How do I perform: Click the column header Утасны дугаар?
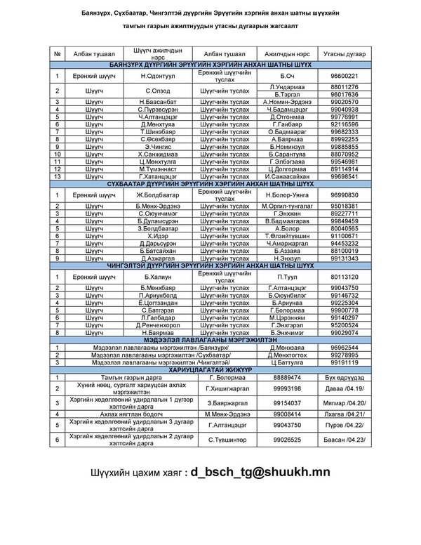[344, 53]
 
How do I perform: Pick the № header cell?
[57, 53]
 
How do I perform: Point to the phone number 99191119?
[344, 362]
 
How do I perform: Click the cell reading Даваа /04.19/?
[344, 388]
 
